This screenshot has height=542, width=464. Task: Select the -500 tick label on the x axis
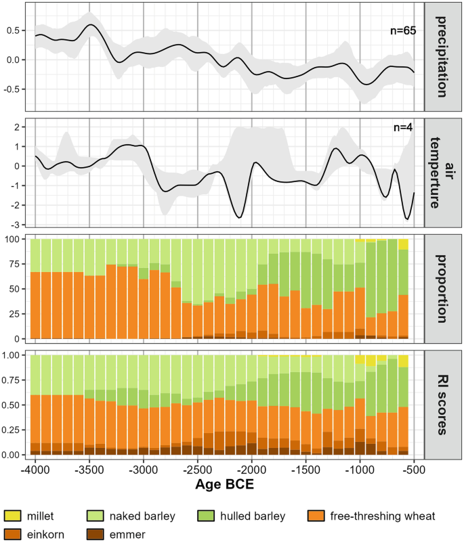(x=413, y=468)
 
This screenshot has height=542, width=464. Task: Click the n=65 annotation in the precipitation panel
(x=400, y=30)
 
